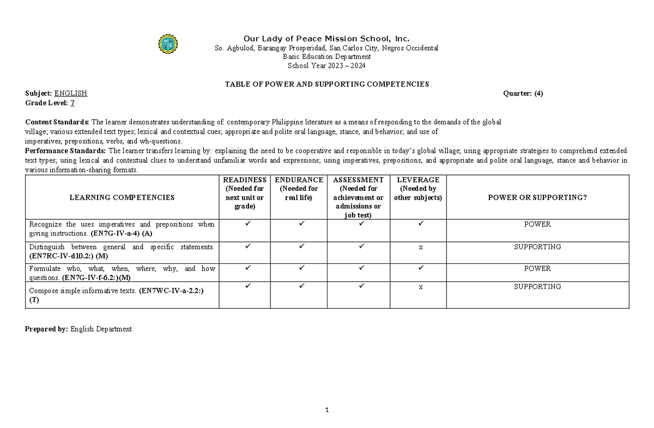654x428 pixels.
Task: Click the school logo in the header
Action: [x=167, y=44]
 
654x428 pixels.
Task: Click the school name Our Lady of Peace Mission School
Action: [x=326, y=38]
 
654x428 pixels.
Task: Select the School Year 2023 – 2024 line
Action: [x=326, y=66]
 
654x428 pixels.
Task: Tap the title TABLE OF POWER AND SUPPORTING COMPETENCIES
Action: [x=327, y=84]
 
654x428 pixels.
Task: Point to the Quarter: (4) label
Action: [x=523, y=93]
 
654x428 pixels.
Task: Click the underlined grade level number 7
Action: [x=72, y=103]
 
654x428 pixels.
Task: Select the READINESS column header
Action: [x=245, y=180]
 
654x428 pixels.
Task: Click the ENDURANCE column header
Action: [x=299, y=180]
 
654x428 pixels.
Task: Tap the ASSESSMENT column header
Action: [x=358, y=180]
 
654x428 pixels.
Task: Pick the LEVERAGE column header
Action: [x=418, y=180]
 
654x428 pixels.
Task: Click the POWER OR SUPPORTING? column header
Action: [x=537, y=197]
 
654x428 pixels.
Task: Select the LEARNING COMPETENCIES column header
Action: [x=122, y=197]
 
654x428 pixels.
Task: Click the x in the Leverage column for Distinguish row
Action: [x=420, y=248]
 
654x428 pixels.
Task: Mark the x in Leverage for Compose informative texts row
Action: [x=420, y=287]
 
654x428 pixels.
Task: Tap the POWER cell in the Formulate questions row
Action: [x=537, y=269]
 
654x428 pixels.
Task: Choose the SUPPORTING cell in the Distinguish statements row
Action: [x=537, y=247]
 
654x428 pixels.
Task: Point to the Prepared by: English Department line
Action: [x=78, y=329]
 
